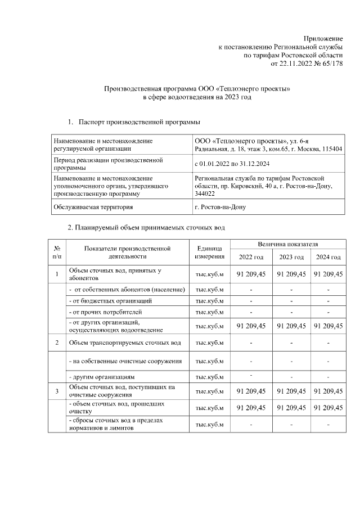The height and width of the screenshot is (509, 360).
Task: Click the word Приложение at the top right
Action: click(323, 37)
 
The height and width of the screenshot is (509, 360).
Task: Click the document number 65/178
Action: click(332, 64)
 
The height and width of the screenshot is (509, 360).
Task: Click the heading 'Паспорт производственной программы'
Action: click(139, 121)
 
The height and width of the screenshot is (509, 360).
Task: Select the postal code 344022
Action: click(204, 193)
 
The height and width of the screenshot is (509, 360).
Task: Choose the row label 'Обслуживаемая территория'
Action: click(93, 207)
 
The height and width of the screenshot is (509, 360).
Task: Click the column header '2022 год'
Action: click(251, 257)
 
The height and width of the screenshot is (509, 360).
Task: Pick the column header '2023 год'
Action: click(291, 257)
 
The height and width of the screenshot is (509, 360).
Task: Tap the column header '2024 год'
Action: click(328, 257)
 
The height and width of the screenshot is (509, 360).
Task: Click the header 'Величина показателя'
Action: click(288, 245)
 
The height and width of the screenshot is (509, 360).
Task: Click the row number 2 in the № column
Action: click(57, 343)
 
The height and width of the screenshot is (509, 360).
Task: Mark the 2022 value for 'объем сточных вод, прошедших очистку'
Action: click(251, 407)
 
